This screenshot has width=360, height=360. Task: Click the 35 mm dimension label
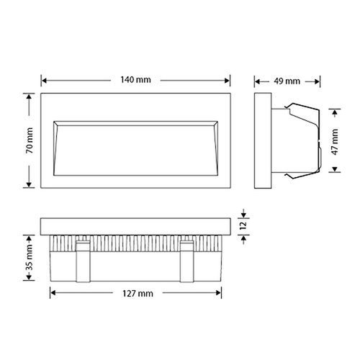[29, 256]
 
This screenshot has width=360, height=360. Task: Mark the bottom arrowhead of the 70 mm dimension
[29, 185]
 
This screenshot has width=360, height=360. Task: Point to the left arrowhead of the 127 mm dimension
[52, 294]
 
